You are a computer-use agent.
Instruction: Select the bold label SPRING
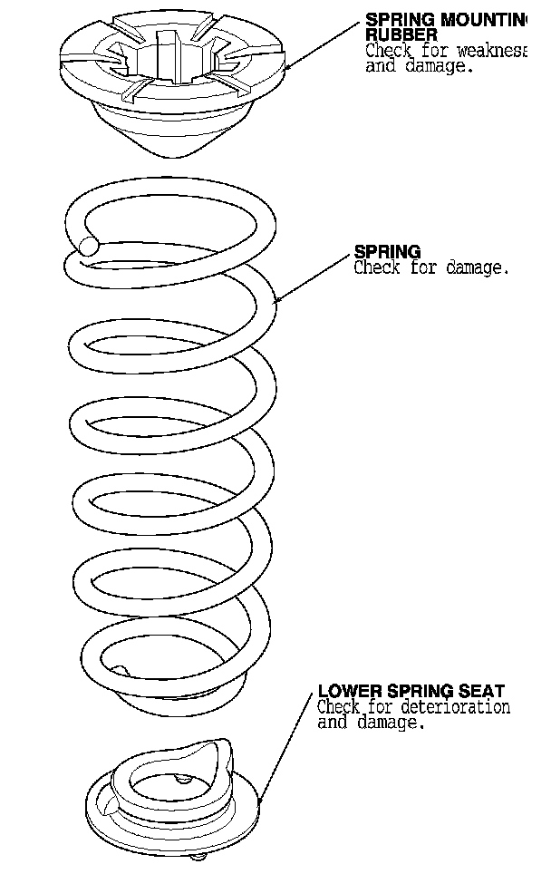[387, 252]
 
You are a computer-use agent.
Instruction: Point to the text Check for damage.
[431, 268]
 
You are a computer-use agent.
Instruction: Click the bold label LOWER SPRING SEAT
[411, 691]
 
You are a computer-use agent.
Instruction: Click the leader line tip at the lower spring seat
[261, 803]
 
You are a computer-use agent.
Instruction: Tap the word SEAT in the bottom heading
[485, 691]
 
